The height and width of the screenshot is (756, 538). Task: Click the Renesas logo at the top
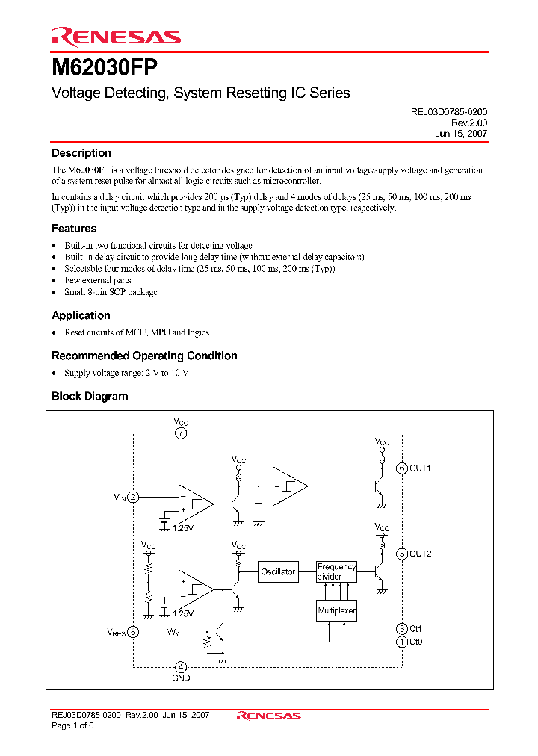pos(116,36)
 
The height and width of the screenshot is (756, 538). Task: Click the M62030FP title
pos(104,67)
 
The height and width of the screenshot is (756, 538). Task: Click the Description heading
pos(81,153)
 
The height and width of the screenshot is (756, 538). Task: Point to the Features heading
pos(74,229)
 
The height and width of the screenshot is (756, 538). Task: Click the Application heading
pos(81,315)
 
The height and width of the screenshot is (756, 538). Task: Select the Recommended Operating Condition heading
pos(144,356)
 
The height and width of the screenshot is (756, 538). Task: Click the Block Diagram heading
pos(90,397)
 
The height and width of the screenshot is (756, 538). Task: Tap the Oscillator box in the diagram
pos(278,571)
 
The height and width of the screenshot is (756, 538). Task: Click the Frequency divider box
pos(336,571)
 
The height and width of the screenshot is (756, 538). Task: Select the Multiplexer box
pos(336,611)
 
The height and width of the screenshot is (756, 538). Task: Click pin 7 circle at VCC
pos(181,433)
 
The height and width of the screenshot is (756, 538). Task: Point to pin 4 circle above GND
pos(181,666)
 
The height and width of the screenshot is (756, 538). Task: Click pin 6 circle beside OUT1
pos(402,468)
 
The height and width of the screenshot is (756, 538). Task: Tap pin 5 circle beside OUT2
pos(402,554)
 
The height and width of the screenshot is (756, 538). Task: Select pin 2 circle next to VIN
pos(133,497)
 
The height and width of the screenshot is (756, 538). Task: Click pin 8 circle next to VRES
pos(133,632)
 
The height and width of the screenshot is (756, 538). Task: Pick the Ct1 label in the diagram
pos(416,629)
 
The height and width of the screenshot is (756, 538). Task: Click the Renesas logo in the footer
pos(268,716)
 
